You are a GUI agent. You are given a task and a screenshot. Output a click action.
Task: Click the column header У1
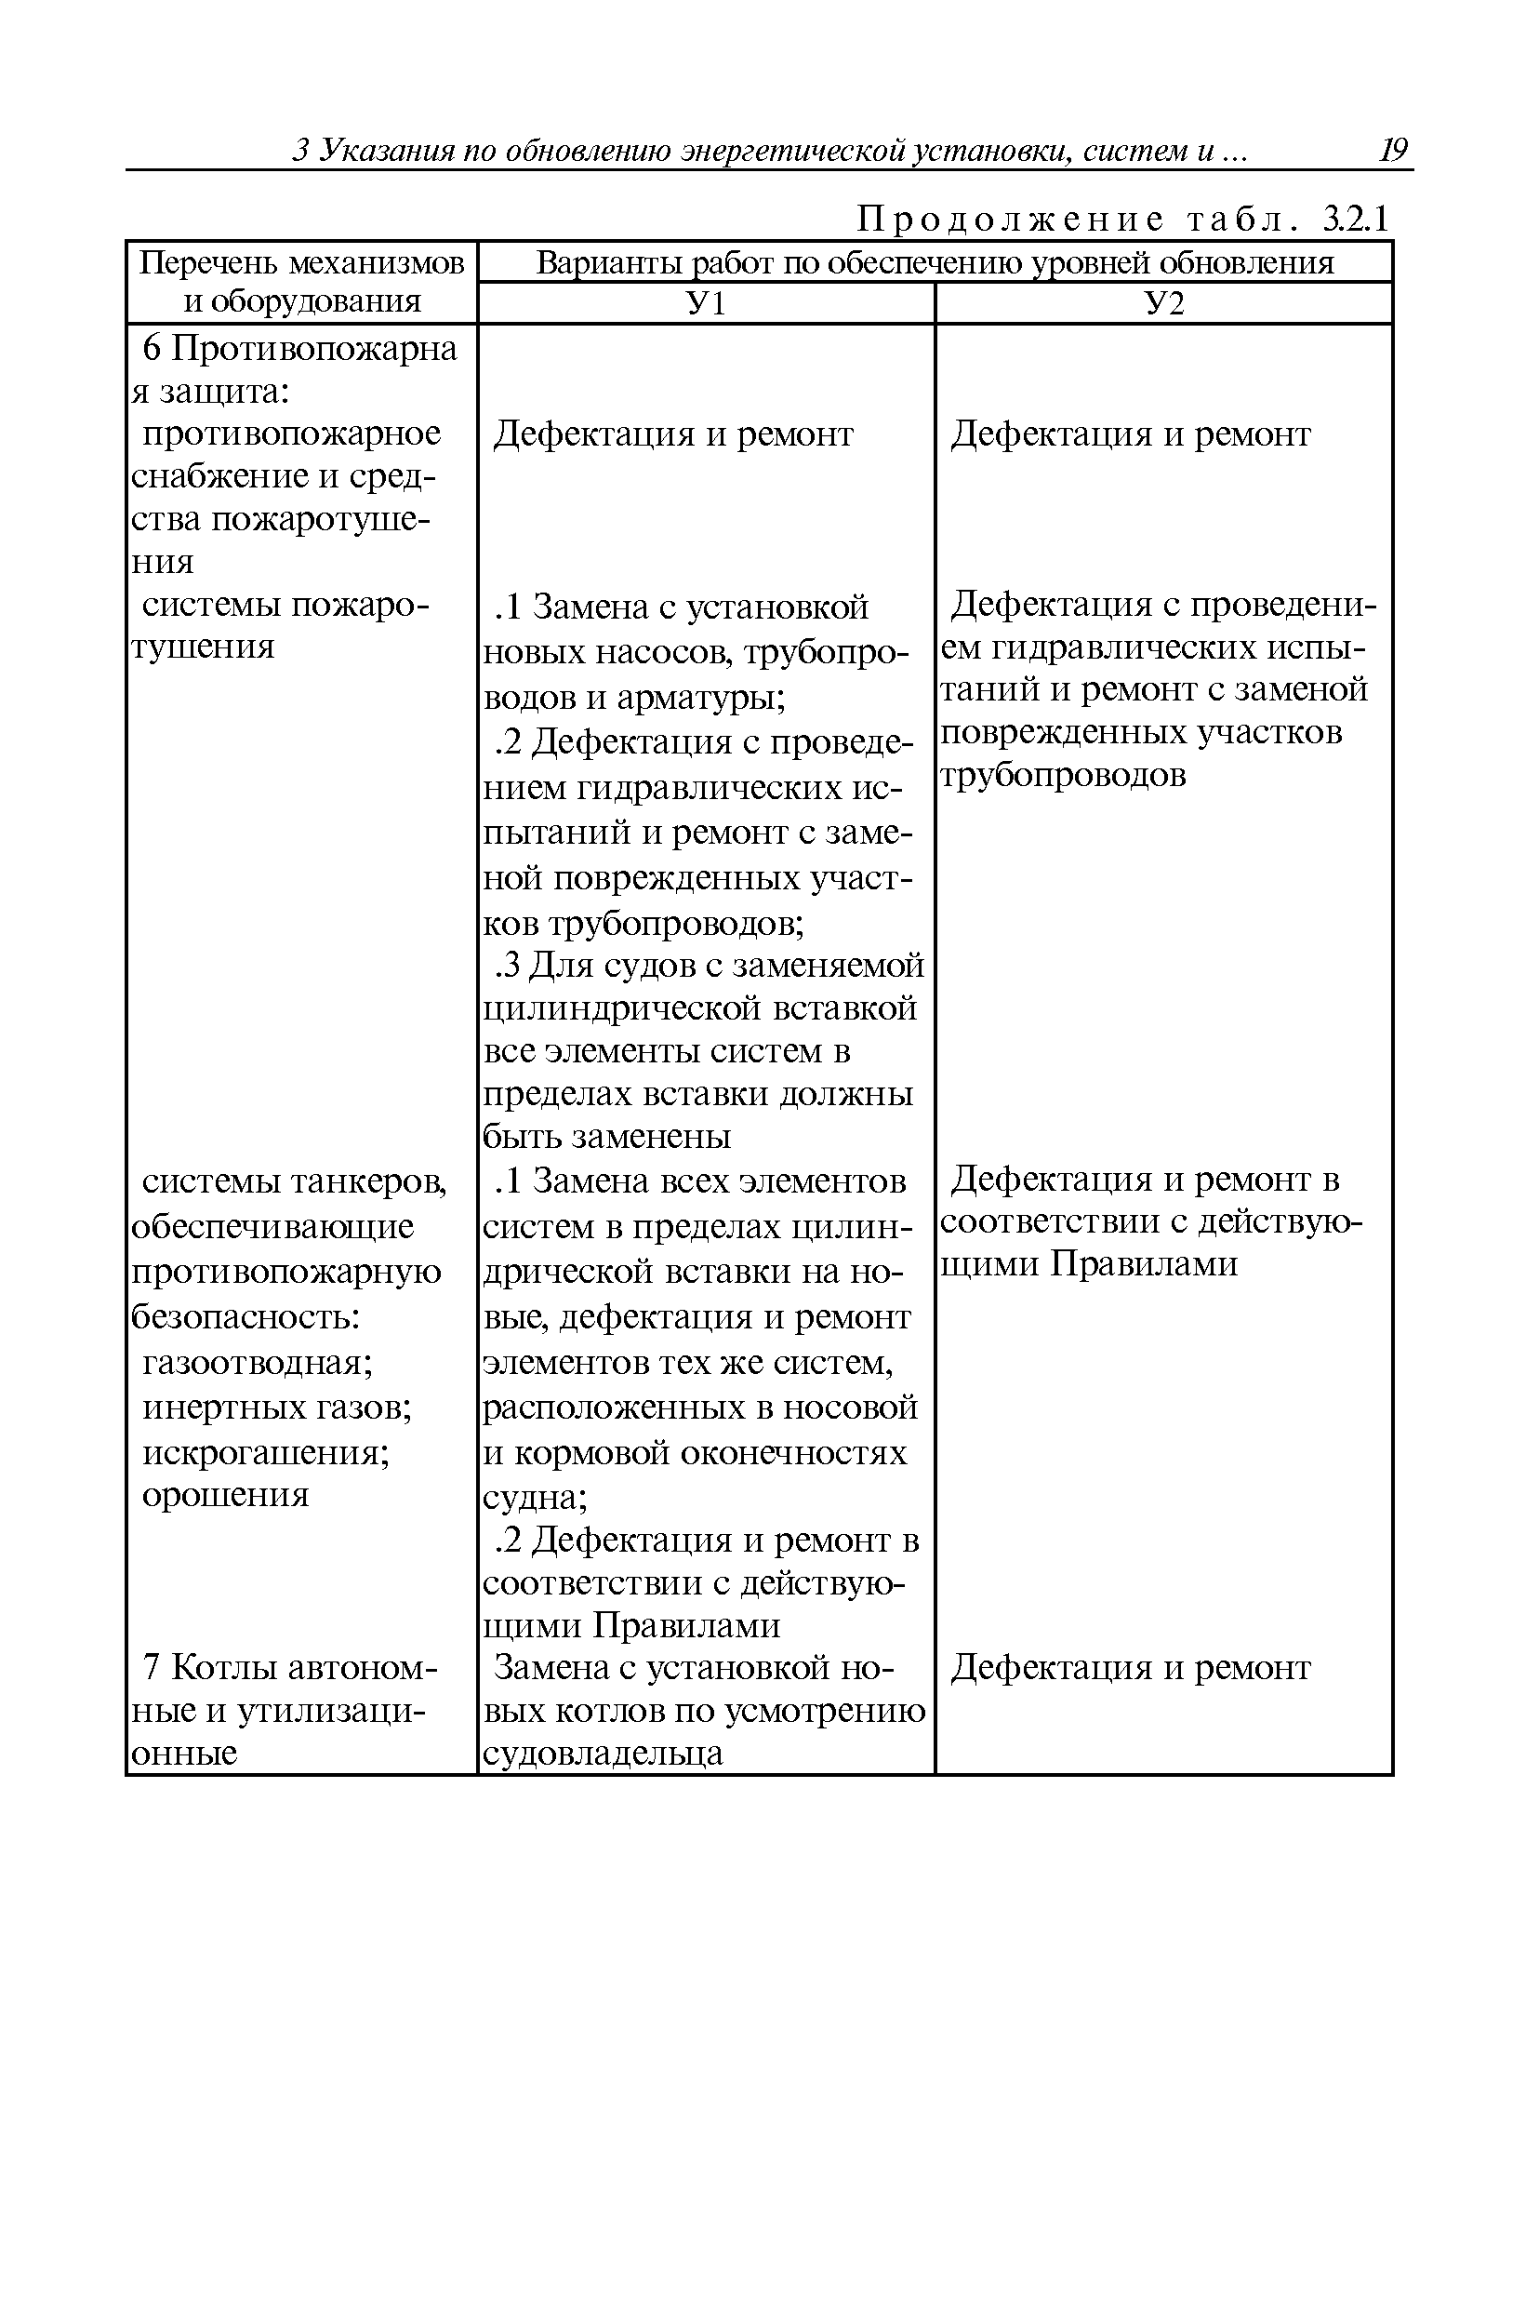click(x=705, y=303)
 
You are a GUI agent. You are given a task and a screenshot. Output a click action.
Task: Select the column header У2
click(x=1164, y=303)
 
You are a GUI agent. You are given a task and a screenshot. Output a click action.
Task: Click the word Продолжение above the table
click(x=1011, y=220)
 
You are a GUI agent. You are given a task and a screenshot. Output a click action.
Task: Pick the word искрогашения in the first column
click(x=265, y=1452)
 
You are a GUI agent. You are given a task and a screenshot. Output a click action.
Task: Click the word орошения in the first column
click(x=226, y=1495)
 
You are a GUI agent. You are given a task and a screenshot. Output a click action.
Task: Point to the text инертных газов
click(x=277, y=1407)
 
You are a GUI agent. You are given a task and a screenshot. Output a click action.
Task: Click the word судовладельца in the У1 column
click(x=603, y=1754)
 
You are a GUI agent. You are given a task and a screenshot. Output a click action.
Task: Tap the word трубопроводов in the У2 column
click(x=1063, y=775)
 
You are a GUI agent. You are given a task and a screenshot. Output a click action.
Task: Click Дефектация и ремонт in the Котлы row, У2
click(x=1130, y=1667)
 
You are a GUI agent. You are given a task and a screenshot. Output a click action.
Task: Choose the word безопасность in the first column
click(x=245, y=1317)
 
